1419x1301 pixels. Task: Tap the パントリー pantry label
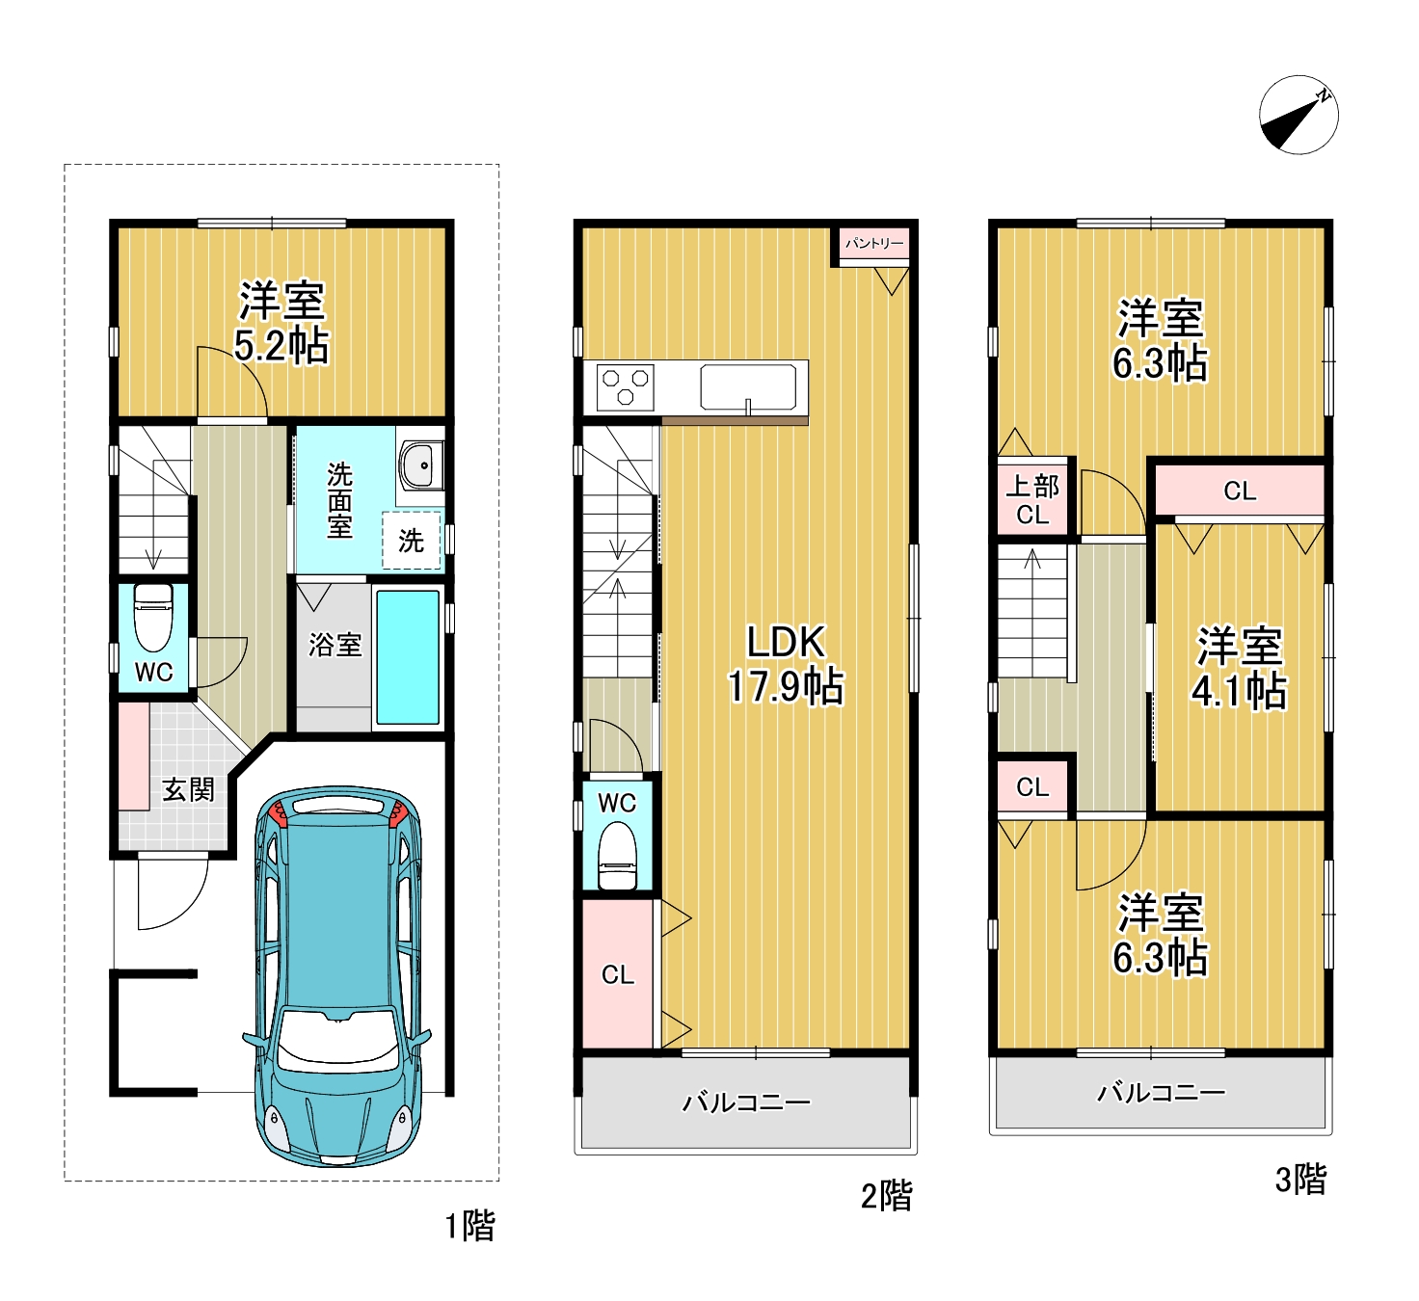pyautogui.click(x=874, y=244)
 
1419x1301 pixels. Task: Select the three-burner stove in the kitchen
pyautogui.click(x=625, y=387)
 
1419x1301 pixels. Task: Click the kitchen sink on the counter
pyautogui.click(x=748, y=387)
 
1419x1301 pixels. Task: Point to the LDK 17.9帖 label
pyautogui.click(x=786, y=664)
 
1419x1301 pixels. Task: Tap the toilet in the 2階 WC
pyautogui.click(x=618, y=855)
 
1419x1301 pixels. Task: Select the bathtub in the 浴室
pyautogui.click(x=408, y=657)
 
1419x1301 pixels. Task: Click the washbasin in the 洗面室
pyautogui.click(x=421, y=465)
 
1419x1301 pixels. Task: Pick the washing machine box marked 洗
pyautogui.click(x=411, y=541)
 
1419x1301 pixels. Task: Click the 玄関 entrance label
pyautogui.click(x=188, y=789)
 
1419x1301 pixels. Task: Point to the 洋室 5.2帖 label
pyautogui.click(x=281, y=323)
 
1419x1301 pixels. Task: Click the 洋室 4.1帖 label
pyautogui.click(x=1240, y=668)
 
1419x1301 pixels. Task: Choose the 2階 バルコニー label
pyautogui.click(x=745, y=1102)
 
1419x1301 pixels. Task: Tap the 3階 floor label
pyautogui.click(x=1300, y=1180)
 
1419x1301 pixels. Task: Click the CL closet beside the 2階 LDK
pyautogui.click(x=618, y=974)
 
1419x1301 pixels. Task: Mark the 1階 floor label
pyautogui.click(x=470, y=1226)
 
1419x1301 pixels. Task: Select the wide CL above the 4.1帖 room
pyautogui.click(x=1240, y=491)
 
